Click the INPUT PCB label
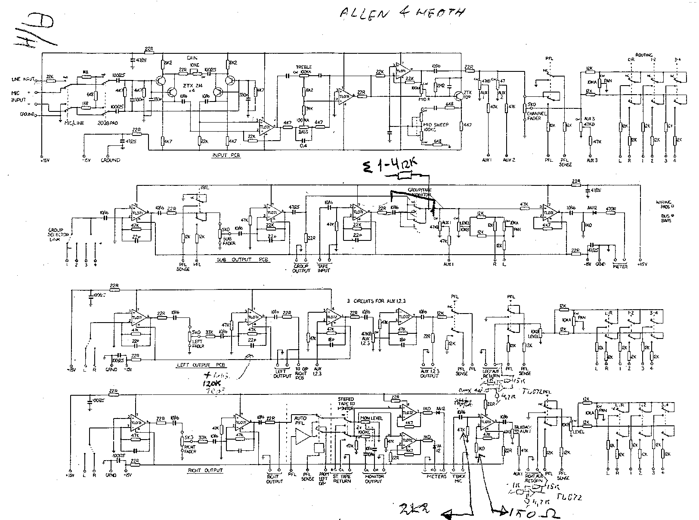(227, 155)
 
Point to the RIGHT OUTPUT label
(206, 471)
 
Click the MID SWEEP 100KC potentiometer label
(436, 127)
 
